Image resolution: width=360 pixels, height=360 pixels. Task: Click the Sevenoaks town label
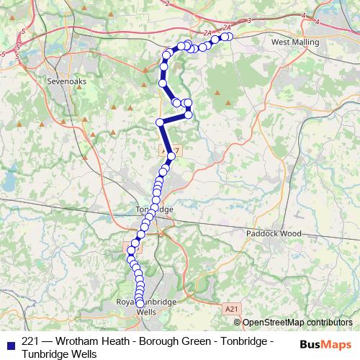tap(66, 82)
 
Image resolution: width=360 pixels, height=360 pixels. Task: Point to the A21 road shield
tap(230, 308)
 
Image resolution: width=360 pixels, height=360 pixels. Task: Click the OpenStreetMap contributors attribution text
tap(297, 323)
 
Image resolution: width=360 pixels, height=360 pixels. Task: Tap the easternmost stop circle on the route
tap(230, 36)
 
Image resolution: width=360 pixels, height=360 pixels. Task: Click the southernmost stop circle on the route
tap(140, 304)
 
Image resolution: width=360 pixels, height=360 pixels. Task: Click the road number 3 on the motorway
tap(248, 20)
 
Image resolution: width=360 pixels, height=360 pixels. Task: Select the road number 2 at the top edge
tap(166, 4)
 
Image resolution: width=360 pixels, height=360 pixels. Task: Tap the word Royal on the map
tap(126, 302)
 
